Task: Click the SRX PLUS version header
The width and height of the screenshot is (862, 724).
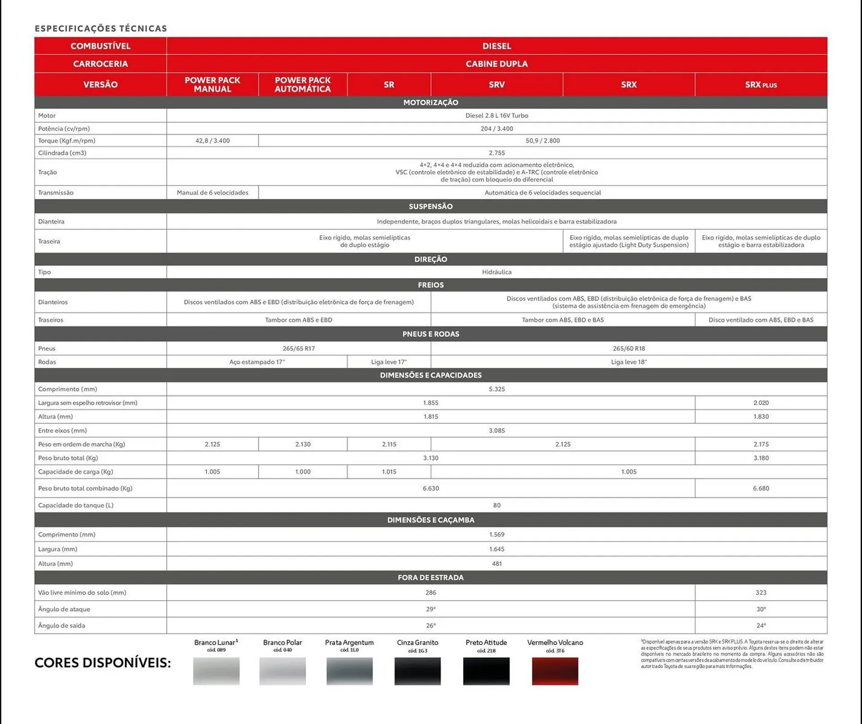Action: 761,84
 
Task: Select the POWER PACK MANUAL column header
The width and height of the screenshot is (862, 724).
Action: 212,84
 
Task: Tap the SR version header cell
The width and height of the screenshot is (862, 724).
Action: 389,84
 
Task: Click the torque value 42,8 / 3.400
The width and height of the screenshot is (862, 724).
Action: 212,141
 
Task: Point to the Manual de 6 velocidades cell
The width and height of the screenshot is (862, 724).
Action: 212,193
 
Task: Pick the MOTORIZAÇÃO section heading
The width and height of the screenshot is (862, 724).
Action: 431,102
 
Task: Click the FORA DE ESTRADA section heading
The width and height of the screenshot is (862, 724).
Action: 431,578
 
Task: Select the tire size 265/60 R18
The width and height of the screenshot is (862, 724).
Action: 629,349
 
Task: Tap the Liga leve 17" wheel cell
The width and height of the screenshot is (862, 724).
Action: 389,362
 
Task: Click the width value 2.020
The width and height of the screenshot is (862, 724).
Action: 761,403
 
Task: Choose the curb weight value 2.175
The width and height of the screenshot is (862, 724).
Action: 761,444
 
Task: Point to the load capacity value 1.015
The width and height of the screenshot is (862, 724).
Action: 389,472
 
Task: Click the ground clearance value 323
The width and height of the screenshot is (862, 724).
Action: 761,592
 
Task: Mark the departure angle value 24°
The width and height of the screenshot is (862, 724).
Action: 761,625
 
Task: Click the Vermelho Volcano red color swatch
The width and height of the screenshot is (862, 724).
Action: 555,671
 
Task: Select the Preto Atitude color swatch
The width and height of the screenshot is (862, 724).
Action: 486,671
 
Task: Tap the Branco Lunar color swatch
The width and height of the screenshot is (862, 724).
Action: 216,671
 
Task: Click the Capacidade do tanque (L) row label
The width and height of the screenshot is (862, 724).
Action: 76,505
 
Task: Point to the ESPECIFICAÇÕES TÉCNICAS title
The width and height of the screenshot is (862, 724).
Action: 101,29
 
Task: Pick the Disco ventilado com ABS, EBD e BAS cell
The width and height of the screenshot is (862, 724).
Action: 761,320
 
